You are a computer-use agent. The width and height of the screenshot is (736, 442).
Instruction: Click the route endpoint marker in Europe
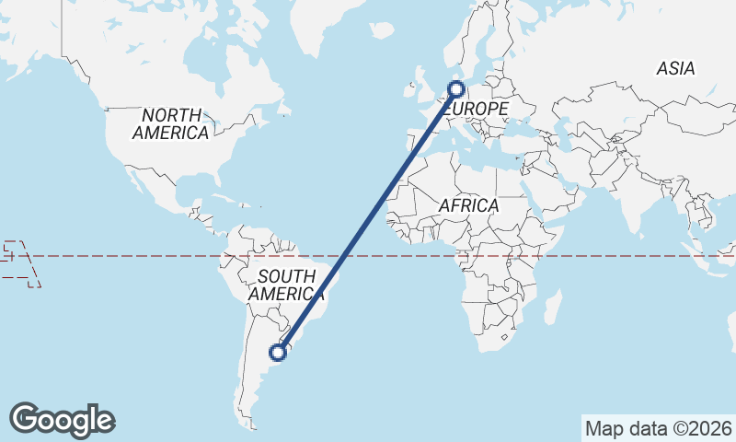click(x=455, y=89)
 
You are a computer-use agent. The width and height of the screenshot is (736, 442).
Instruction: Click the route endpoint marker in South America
click(x=278, y=352)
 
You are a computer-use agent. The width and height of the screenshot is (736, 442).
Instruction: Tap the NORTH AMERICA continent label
click(x=171, y=124)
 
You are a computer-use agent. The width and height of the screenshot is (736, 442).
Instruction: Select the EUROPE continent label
click(x=477, y=110)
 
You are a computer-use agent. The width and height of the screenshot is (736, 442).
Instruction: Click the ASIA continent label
click(x=675, y=69)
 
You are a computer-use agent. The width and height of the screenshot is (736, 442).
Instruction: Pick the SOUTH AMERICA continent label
click(x=287, y=285)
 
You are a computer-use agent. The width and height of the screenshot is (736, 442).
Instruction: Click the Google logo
click(x=62, y=420)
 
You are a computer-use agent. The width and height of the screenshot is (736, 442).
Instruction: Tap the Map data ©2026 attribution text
click(x=658, y=428)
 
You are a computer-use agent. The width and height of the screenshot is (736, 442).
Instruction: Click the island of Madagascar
click(x=554, y=307)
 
